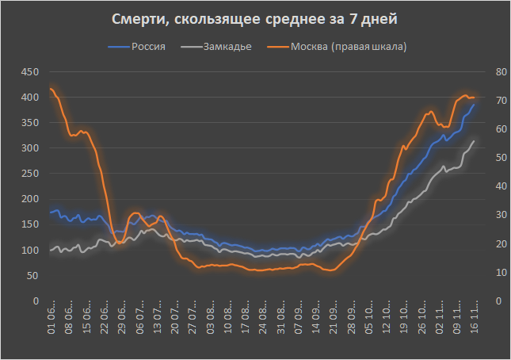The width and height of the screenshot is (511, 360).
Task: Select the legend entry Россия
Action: coord(147,47)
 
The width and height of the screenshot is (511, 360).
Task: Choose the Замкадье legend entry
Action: coord(227,47)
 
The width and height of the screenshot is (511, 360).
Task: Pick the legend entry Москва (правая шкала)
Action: coord(349,47)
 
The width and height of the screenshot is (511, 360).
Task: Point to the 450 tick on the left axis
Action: coord(29,72)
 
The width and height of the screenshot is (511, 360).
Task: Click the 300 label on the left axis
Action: coord(29,148)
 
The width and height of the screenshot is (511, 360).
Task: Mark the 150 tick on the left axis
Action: coord(29,224)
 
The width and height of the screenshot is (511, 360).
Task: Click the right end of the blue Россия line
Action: coord(475,105)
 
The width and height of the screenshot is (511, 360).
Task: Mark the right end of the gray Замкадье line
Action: coord(475,141)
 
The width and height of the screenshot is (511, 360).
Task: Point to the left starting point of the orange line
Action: coord(51,89)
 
